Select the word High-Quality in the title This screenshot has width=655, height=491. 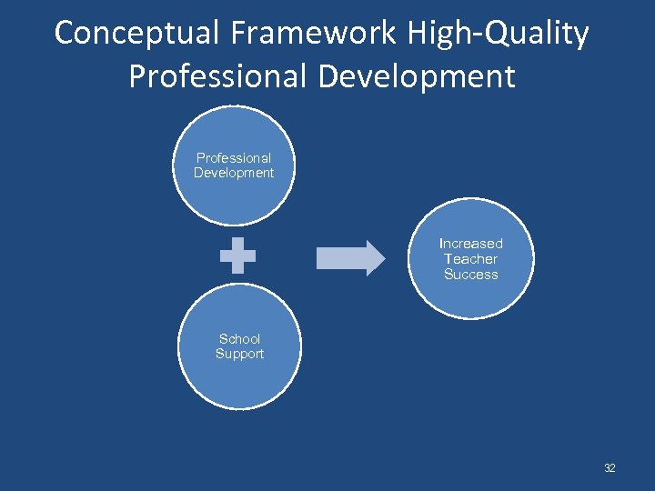point(499,34)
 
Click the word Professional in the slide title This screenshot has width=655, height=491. point(217,76)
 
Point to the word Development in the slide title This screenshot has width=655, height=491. point(417,76)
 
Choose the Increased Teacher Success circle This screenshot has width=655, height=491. point(470,258)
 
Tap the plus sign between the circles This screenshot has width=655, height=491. point(237,256)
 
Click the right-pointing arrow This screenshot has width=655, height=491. point(350,257)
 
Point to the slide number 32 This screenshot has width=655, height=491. point(610,468)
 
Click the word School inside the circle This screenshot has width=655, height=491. point(239,339)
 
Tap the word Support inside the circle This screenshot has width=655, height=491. point(239,354)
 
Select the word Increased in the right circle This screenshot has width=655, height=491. point(470,244)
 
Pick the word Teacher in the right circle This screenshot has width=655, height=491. point(470,259)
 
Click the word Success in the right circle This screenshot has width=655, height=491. point(470,275)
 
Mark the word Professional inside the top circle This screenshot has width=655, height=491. point(234,158)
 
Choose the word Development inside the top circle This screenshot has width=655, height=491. point(234,173)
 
